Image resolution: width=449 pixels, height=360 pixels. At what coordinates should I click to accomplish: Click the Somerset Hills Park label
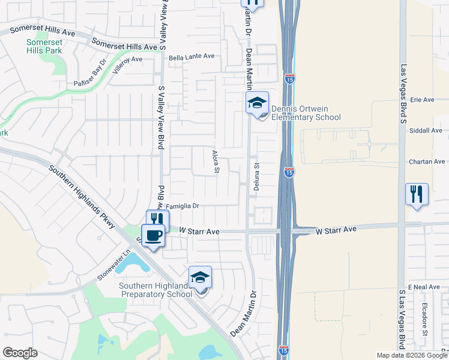(x=44, y=47)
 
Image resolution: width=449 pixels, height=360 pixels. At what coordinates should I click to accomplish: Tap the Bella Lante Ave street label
(x=191, y=56)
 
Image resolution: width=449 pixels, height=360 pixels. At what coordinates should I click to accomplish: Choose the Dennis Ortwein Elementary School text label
(x=306, y=113)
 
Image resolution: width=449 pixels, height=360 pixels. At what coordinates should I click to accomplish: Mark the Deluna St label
(x=256, y=178)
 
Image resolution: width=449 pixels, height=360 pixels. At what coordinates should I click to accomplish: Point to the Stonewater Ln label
(x=113, y=268)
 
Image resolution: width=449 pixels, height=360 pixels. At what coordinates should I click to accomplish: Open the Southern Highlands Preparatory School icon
(x=200, y=277)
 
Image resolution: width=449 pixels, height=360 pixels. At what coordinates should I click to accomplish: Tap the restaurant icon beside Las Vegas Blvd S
(x=417, y=194)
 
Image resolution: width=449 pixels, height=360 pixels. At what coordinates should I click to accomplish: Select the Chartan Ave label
(x=427, y=161)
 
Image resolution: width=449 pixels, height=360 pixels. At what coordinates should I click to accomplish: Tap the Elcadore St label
(x=424, y=318)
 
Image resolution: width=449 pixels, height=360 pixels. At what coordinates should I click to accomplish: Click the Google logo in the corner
(x=20, y=353)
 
